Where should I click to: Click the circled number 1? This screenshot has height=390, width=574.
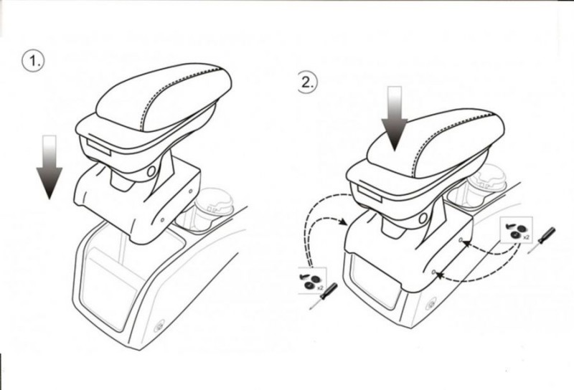[x=33, y=61]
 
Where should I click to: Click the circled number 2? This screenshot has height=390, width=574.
[x=307, y=82]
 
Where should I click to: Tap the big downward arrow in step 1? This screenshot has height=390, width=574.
[x=49, y=167]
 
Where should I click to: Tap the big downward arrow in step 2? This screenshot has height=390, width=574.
[x=394, y=118]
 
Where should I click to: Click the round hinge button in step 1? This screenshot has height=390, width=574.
[x=151, y=171]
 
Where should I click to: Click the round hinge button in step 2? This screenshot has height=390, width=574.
[x=423, y=219]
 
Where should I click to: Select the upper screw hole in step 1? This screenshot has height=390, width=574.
[x=190, y=191]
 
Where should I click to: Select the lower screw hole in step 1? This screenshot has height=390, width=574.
[x=163, y=220]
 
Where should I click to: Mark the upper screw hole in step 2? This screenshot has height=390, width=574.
[x=461, y=240]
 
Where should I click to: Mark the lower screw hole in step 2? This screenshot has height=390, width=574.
[x=433, y=272]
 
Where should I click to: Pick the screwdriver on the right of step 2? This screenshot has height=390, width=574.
[x=542, y=240]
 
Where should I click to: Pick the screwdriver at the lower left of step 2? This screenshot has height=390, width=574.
[x=324, y=296]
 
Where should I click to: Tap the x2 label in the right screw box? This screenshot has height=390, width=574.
[x=526, y=237]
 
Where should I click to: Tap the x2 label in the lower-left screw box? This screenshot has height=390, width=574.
[x=320, y=288]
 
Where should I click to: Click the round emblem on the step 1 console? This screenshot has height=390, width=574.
[x=160, y=325]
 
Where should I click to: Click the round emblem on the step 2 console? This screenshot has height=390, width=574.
[x=432, y=305]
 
